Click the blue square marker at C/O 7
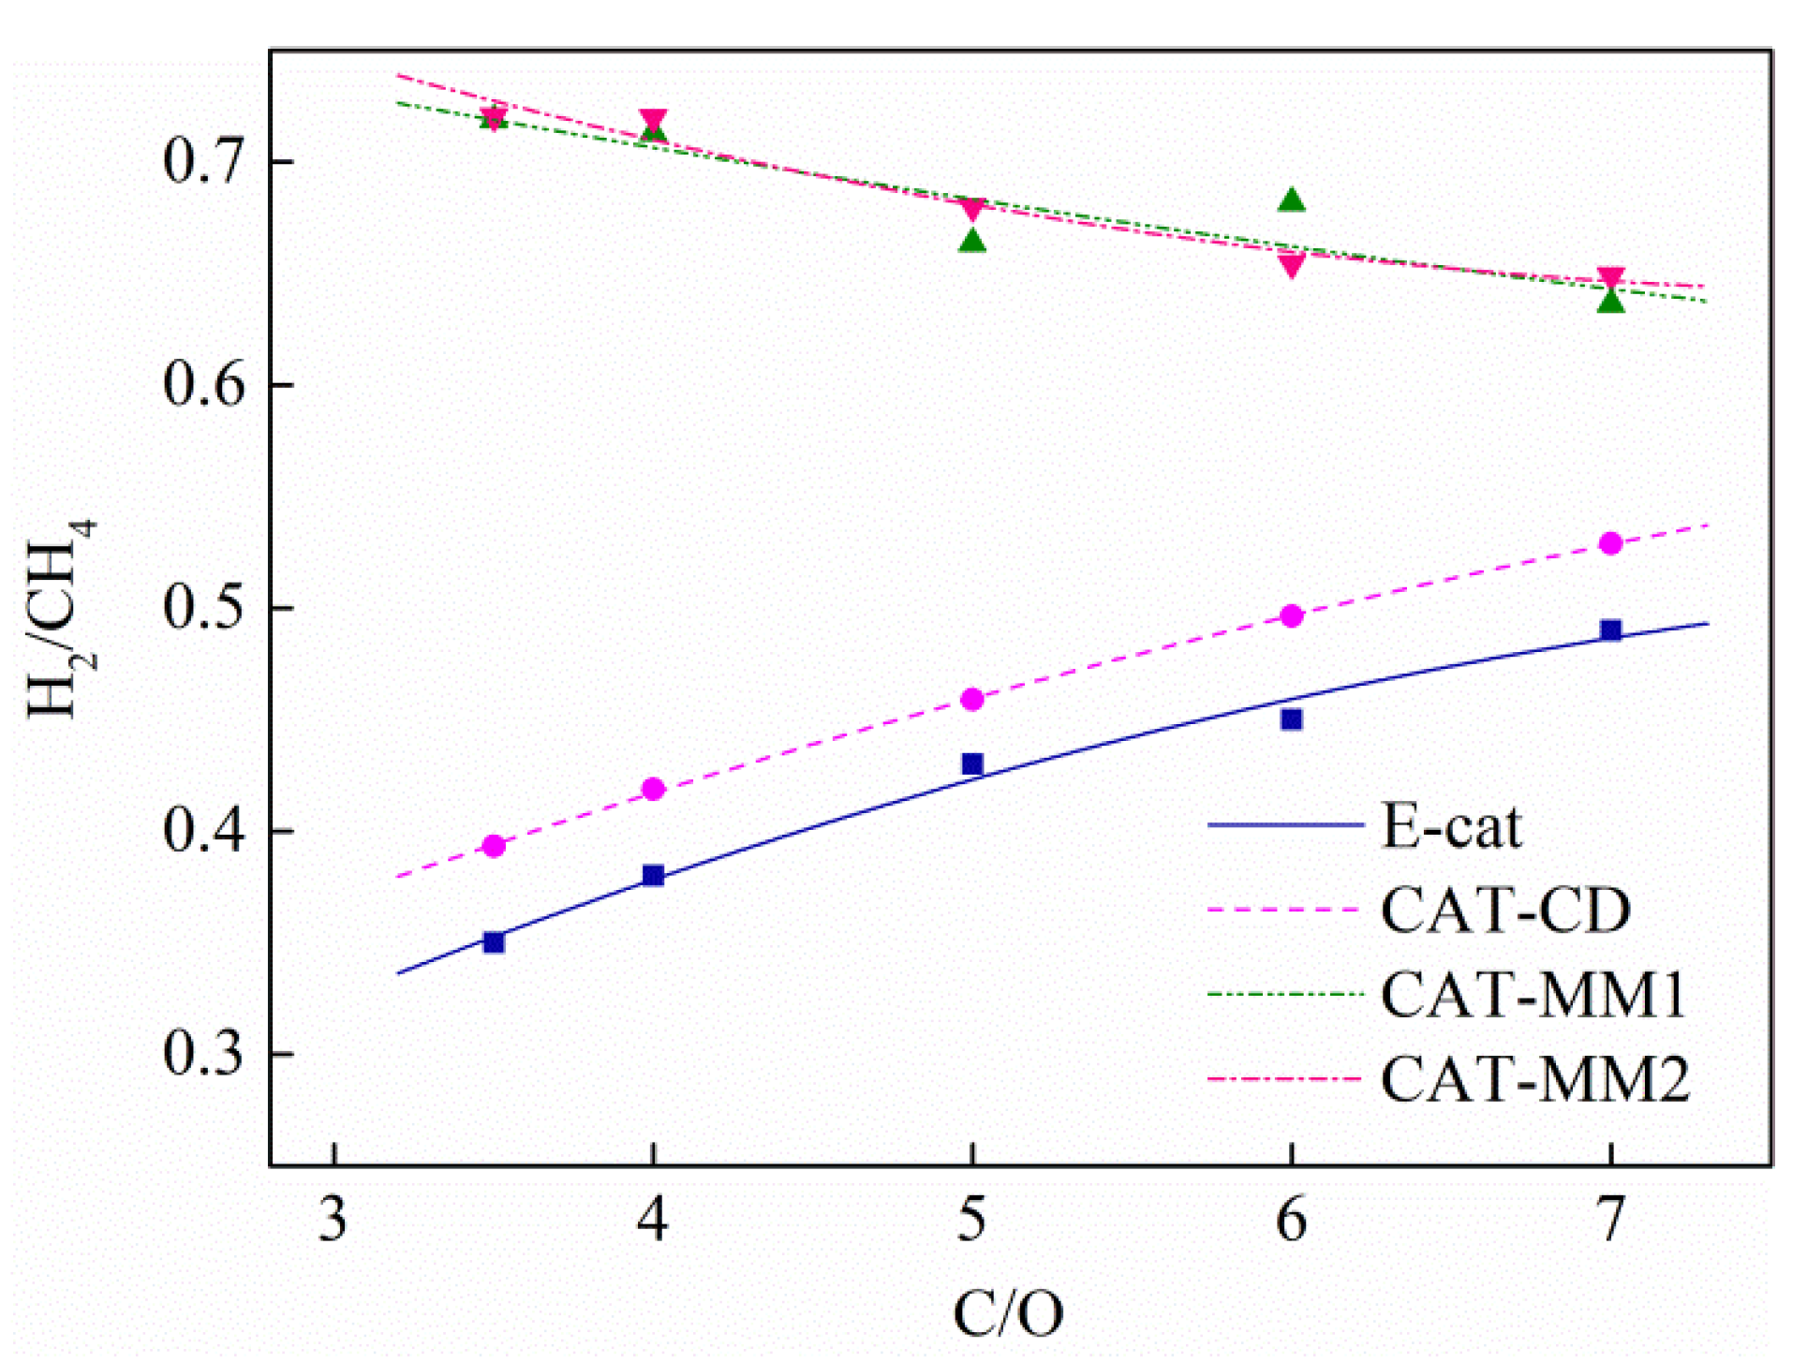point(1610,630)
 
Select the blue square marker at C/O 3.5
point(494,942)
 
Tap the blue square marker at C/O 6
point(1292,719)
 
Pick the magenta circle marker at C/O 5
point(972,700)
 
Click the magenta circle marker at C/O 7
point(1610,543)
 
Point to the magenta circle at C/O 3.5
point(494,846)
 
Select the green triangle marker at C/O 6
point(1292,200)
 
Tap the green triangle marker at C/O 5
point(972,242)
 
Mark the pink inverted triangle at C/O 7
point(1610,278)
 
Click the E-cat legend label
point(1451,826)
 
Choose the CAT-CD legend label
point(1504,910)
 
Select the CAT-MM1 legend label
point(1533,994)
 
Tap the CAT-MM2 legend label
point(1534,1079)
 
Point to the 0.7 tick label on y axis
point(202,161)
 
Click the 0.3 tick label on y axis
point(202,1053)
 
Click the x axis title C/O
point(1008,1313)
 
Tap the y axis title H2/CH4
point(62,618)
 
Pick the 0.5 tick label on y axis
point(202,607)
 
